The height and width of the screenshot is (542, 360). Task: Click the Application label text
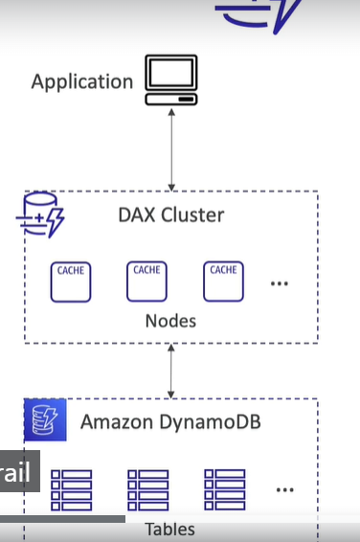[82, 82]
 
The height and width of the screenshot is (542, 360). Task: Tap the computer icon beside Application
[171, 79]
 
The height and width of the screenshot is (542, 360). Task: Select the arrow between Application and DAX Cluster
[171, 149]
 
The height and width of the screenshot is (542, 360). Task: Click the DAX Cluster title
[171, 215]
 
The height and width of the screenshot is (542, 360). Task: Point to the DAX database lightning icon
[40, 215]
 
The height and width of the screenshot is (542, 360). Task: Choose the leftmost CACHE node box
[71, 282]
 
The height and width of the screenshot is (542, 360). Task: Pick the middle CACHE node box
[146, 282]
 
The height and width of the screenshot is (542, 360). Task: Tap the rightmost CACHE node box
[223, 282]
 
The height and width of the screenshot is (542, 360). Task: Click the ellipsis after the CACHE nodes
[280, 283]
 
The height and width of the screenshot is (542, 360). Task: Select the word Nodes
[170, 321]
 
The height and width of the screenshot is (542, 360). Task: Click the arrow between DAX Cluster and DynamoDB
[171, 372]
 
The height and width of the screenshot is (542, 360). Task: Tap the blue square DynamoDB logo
[45, 419]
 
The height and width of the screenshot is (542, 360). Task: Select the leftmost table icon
[72, 489]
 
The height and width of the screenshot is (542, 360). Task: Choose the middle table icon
[148, 489]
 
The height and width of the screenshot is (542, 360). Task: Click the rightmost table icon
[225, 489]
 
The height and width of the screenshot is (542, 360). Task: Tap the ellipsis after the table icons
[285, 489]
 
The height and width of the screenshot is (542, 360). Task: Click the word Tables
[170, 530]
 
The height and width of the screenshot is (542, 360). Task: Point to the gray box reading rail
[20, 471]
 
